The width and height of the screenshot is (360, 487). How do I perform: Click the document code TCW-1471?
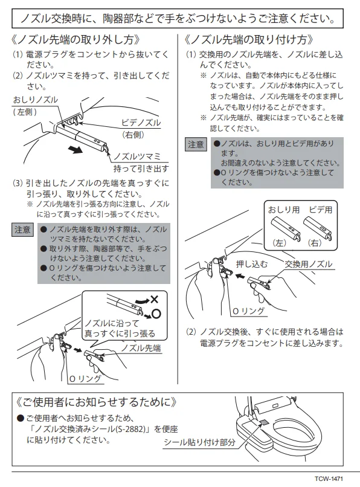[x=329, y=479]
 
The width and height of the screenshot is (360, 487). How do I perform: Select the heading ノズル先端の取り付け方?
[x=249, y=40]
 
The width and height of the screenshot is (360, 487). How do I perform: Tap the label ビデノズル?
[x=141, y=123]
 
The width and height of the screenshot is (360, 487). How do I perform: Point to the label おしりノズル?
[x=36, y=100]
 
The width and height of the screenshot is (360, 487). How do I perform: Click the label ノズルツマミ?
[x=137, y=156]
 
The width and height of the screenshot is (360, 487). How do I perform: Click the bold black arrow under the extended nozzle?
[x=76, y=150]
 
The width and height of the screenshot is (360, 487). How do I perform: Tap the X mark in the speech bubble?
[x=154, y=300]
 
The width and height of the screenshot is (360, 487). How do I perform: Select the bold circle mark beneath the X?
[x=156, y=314]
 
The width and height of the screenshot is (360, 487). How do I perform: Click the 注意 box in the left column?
[x=22, y=230]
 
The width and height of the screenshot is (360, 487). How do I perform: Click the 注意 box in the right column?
[x=196, y=144]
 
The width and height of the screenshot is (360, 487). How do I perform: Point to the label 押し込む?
[x=252, y=264]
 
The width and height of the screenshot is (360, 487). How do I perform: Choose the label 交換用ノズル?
[x=309, y=264]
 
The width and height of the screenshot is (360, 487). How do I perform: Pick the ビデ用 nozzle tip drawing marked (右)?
[x=318, y=228]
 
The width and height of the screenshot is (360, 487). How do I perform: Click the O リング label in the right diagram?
[x=249, y=311]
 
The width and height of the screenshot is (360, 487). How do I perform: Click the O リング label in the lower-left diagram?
[x=85, y=379]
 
